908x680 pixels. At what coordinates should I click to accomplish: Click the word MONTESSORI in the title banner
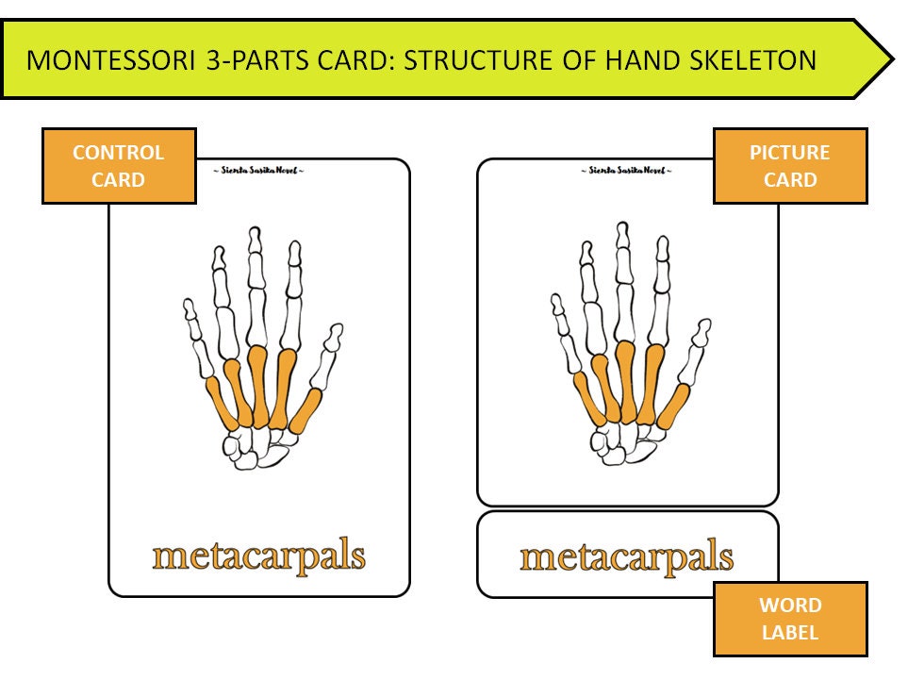click(x=99, y=61)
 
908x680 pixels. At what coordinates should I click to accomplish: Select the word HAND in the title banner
click(x=636, y=61)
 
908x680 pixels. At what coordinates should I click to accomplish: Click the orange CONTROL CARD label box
click(x=119, y=166)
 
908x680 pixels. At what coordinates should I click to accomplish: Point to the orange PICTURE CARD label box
click(x=790, y=166)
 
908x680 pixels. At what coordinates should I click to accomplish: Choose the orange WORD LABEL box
click(x=790, y=618)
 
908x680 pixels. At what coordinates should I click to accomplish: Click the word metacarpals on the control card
click(x=258, y=556)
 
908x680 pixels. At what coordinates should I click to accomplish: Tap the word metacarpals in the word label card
click(x=626, y=556)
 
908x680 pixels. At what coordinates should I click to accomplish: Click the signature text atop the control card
click(x=258, y=171)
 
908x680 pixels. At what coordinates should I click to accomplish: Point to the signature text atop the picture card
click(x=626, y=171)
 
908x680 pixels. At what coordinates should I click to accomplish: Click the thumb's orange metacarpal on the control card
click(x=305, y=411)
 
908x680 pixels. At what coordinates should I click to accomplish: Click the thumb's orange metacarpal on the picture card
click(x=673, y=406)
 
